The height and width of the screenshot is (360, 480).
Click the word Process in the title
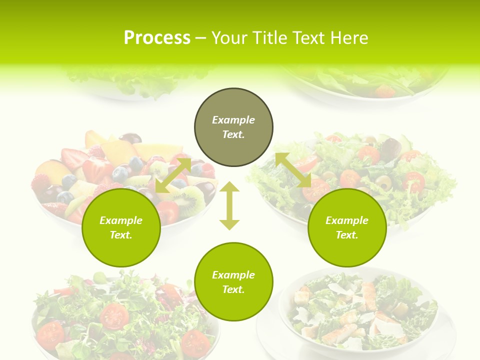157,38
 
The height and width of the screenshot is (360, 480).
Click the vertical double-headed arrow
229,205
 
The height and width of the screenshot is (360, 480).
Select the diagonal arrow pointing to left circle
173,175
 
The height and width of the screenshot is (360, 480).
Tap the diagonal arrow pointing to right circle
293,170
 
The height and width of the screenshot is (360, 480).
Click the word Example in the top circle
233,120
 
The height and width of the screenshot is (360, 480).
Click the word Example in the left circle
121,220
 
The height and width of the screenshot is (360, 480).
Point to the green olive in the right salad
384,183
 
